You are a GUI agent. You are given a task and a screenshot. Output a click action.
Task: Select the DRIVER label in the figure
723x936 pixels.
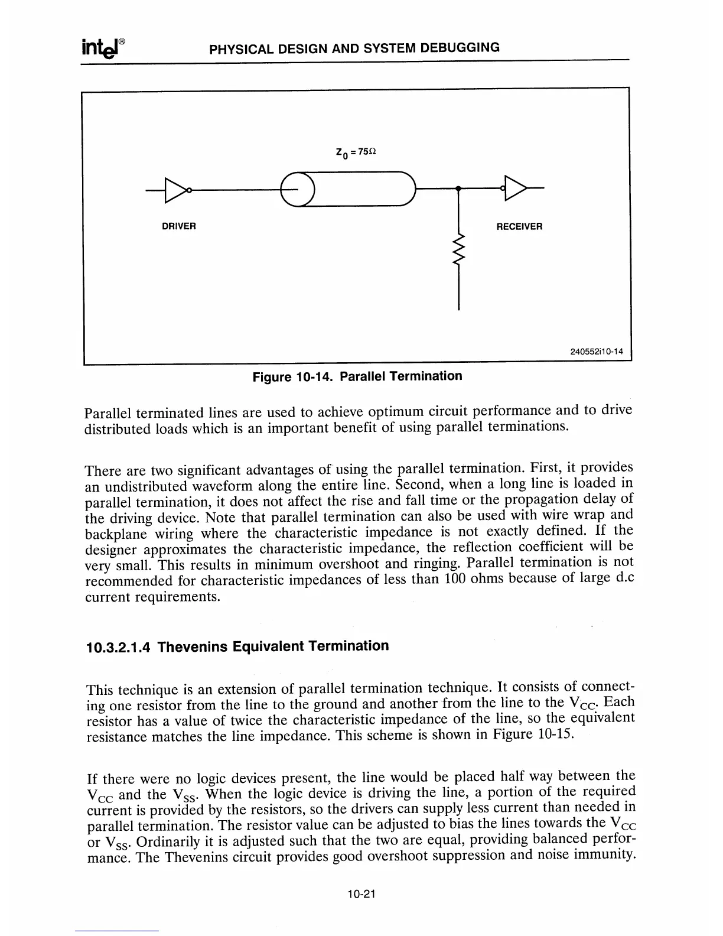click(179, 226)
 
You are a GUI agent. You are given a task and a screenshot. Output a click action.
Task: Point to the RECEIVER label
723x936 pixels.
click(519, 226)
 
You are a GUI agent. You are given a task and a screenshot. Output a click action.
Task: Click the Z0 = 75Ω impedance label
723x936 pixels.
click(356, 152)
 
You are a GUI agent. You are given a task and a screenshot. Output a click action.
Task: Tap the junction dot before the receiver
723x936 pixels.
click(459, 188)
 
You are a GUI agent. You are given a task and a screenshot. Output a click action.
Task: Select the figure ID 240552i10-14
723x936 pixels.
click(597, 352)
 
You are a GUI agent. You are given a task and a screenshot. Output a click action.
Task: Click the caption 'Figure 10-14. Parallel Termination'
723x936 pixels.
click(357, 376)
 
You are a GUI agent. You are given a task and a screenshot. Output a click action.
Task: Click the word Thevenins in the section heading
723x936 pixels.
click(193, 646)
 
